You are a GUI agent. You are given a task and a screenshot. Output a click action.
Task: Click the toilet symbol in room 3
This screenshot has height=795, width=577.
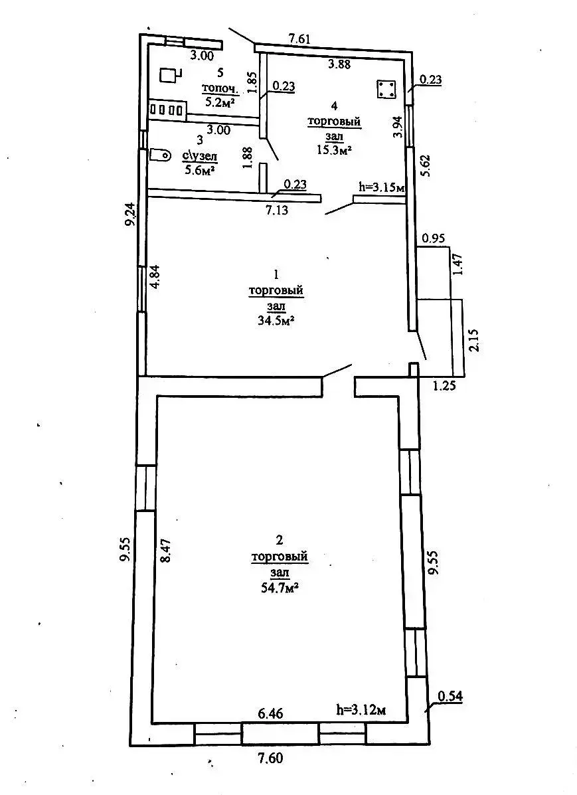160,154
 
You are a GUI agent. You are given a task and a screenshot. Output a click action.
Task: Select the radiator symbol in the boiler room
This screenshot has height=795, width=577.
167,110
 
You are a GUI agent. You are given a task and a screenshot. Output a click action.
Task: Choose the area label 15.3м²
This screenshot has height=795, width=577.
334,149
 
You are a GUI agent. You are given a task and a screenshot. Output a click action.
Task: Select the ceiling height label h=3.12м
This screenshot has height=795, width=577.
361,711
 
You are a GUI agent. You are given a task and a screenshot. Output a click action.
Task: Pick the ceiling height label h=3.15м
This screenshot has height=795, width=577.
381,188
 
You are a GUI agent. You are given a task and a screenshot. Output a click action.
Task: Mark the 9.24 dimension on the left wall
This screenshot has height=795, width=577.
131,215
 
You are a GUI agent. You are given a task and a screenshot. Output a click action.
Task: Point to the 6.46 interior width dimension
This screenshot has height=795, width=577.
271,713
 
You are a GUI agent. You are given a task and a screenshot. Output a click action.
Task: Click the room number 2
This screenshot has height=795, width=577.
280,540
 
